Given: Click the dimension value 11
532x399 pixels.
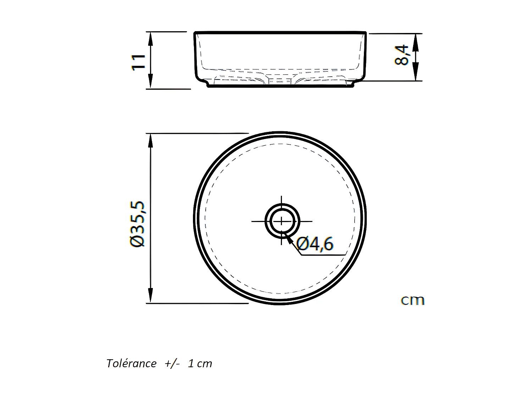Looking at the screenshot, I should point(138,62).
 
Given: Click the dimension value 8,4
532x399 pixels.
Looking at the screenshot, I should point(402,55).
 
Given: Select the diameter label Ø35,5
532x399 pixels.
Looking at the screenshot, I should point(137,224).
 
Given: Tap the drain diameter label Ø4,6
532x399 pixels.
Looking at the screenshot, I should point(315,244).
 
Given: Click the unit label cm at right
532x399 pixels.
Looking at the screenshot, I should point(412,300).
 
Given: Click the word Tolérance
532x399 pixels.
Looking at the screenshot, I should point(131,364).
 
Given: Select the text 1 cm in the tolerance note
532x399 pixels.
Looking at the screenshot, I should point(200,364).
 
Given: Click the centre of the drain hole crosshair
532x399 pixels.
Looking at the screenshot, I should point(282,221).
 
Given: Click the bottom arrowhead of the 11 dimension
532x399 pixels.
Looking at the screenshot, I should point(150,83).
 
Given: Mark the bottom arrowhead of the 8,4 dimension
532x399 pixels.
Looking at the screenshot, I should point(416,76).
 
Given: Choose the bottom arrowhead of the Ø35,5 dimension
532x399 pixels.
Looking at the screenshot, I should point(150,297).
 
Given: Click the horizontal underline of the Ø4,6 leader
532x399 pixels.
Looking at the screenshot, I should point(323,255).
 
